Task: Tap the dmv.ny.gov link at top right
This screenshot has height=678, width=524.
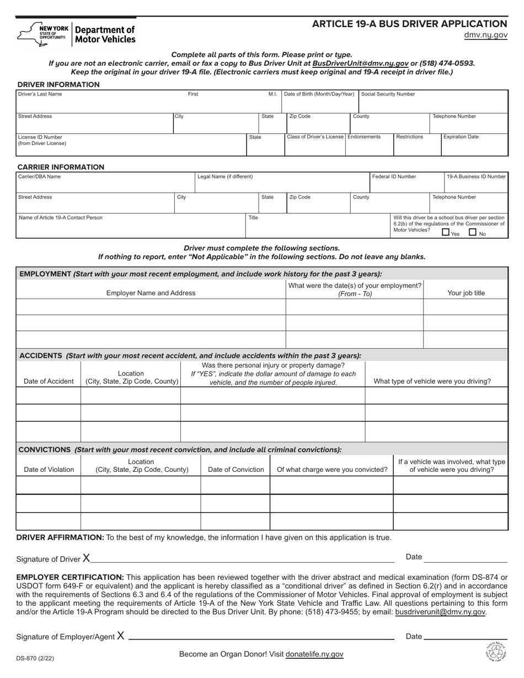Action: (x=485, y=35)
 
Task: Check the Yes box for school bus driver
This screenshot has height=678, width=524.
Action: (x=446, y=232)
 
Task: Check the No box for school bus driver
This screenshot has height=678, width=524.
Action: (x=473, y=232)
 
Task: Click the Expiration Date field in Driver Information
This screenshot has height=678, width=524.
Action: (x=474, y=146)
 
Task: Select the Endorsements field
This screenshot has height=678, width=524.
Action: (x=369, y=146)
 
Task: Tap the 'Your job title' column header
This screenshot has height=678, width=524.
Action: (x=466, y=293)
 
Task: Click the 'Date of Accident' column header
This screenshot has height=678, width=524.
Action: (x=49, y=381)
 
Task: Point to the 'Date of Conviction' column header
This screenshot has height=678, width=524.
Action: (x=236, y=470)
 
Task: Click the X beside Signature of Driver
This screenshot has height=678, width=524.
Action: (x=87, y=558)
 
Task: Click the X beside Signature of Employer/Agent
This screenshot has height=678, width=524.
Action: (x=120, y=636)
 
